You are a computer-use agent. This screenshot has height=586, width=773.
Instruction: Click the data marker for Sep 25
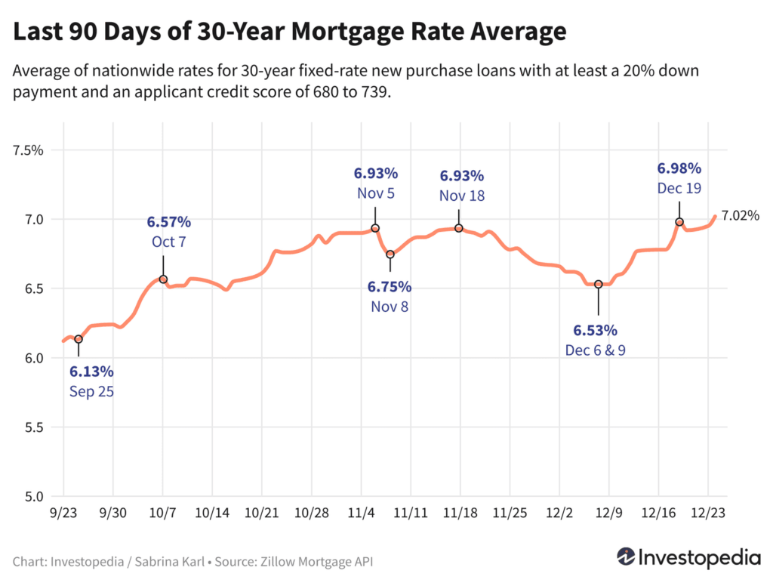pyautogui.click(x=78, y=339)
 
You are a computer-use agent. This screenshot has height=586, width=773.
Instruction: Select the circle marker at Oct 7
pyautogui.click(x=163, y=279)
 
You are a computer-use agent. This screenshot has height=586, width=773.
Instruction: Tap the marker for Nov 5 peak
pyautogui.click(x=375, y=228)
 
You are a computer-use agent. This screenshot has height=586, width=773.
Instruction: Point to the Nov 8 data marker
pyautogui.click(x=390, y=254)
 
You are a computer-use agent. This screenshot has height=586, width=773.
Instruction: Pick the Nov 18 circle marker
pyautogui.click(x=459, y=228)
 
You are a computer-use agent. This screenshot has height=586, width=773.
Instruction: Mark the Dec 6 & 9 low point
pyautogui.click(x=599, y=284)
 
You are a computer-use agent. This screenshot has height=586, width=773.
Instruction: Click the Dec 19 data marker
pyautogui.click(x=679, y=222)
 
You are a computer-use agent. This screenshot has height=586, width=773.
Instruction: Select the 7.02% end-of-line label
pyautogui.click(x=740, y=216)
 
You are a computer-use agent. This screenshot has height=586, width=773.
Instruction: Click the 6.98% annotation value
pyautogui.click(x=679, y=168)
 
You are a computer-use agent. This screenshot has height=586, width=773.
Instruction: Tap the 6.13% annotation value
pyautogui.click(x=91, y=372)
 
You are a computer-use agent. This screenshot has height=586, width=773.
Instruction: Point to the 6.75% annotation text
pyautogui.click(x=390, y=287)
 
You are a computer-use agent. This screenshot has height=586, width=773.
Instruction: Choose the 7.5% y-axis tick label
pyautogui.click(x=29, y=150)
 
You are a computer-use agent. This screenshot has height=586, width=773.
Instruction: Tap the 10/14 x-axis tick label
pyautogui.click(x=212, y=512)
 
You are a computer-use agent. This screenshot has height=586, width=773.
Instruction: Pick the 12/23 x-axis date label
pyautogui.click(x=710, y=512)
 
